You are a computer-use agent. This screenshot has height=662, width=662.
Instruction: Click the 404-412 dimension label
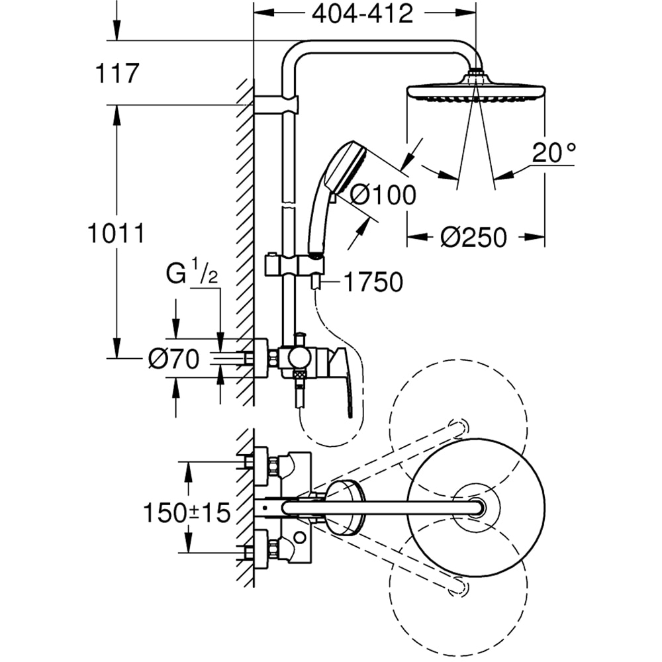coord(363,13)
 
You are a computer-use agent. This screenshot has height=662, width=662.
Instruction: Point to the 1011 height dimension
coord(116,233)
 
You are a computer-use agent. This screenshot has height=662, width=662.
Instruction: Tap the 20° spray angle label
coord(553,154)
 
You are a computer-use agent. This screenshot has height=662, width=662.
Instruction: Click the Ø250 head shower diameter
coord(474,236)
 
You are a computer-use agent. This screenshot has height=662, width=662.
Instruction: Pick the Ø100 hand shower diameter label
coord(383,195)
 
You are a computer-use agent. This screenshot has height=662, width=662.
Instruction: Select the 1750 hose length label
coord(373,283)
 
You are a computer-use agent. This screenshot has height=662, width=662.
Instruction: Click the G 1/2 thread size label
coord(193,273)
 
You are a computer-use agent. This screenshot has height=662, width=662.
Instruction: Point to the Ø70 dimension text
coord(173,359)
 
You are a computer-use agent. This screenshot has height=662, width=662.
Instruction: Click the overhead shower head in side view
coord(475,92)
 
